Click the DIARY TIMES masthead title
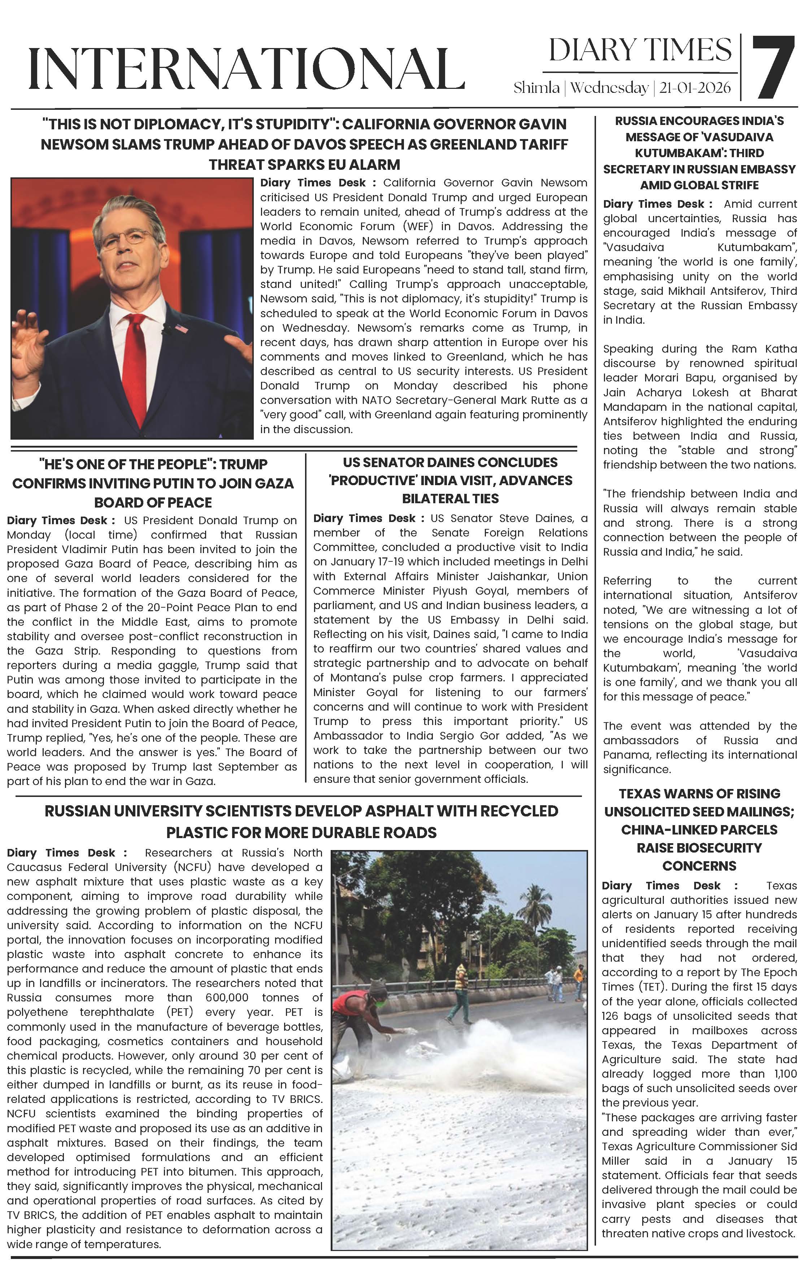[640, 51]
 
